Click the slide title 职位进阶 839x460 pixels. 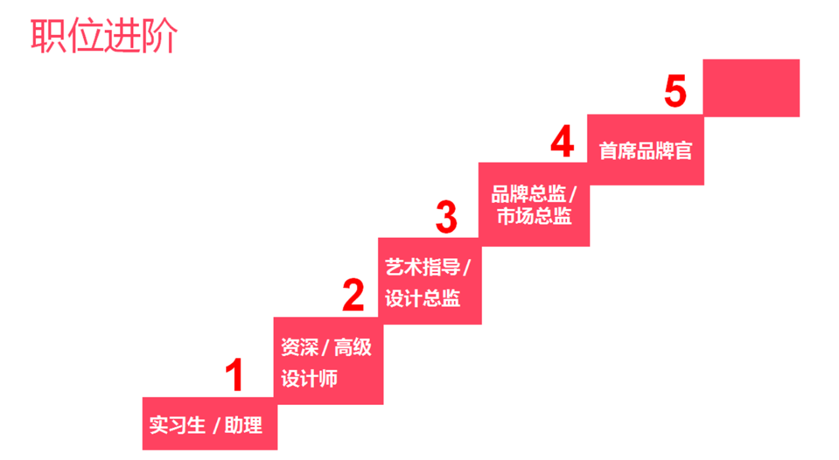tap(104, 37)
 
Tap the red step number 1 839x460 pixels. tap(234, 375)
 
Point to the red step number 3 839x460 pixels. tap(446, 217)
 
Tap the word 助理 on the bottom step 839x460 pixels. tap(243, 425)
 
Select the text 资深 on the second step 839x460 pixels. tap(300, 347)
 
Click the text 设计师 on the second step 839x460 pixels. tap(309, 378)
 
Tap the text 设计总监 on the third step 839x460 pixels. tap(423, 299)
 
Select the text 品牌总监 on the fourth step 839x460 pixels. tap(528, 195)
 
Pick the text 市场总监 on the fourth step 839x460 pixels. tap(534, 216)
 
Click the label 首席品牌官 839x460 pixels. tap(646, 151)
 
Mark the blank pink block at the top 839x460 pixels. tap(751, 88)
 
